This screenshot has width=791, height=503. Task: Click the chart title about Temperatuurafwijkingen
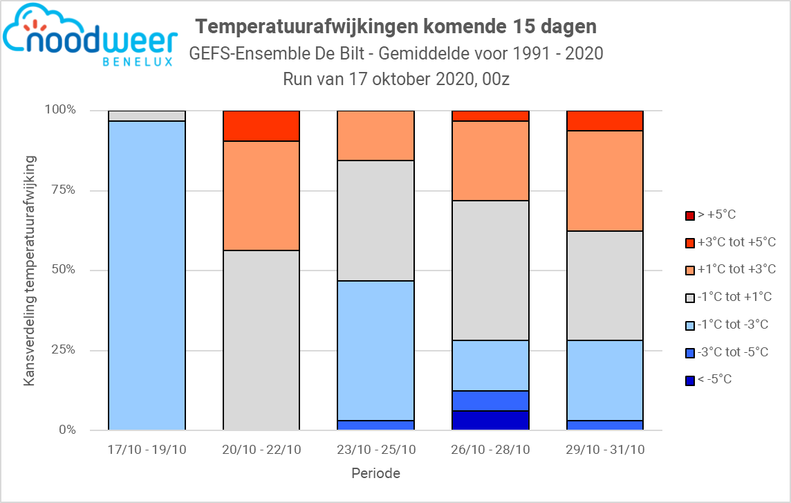(396, 26)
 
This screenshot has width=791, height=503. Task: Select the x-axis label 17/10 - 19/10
(147, 450)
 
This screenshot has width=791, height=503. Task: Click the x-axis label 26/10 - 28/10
(490, 450)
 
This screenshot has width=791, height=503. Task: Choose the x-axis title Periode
(375, 474)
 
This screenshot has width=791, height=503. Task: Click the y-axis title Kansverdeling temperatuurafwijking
(30, 271)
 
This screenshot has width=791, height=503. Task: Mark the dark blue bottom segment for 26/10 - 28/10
(490, 420)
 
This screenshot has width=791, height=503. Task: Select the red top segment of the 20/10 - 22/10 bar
(261, 126)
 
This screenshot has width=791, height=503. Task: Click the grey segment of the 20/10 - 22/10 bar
(261, 340)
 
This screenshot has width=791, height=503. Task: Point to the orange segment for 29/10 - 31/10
(605, 181)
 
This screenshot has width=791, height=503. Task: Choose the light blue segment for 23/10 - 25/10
(375, 350)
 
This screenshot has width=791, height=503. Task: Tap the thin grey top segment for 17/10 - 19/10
(147, 116)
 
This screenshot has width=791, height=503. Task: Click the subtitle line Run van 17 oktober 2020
(396, 79)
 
